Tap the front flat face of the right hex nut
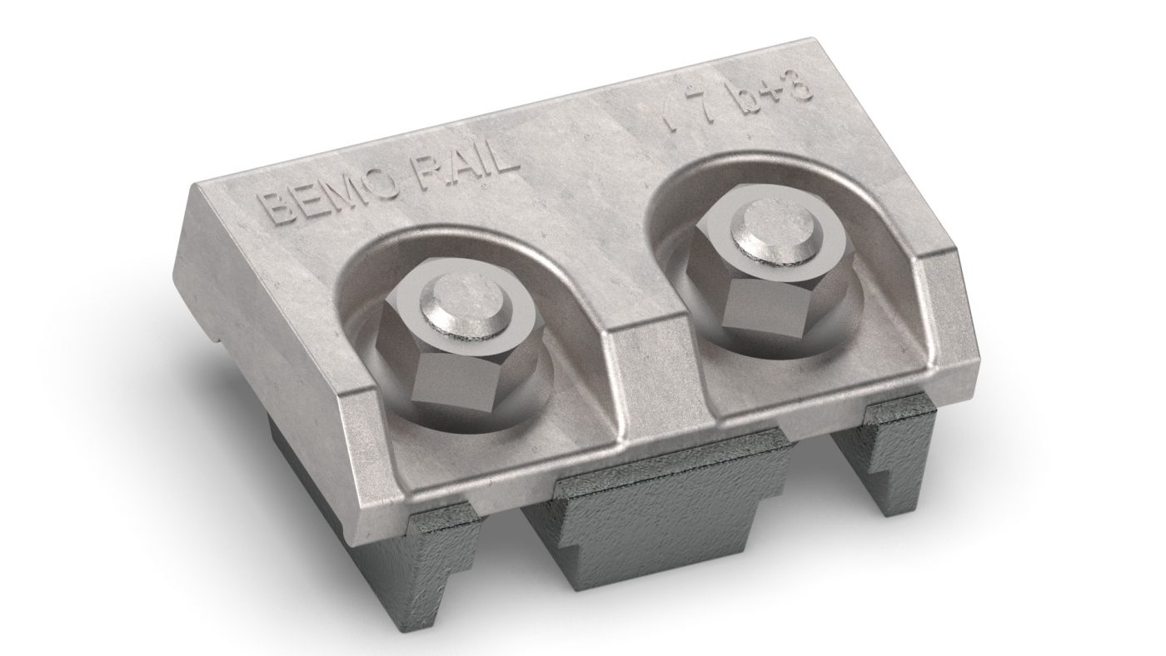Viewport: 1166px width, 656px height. point(752,307)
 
